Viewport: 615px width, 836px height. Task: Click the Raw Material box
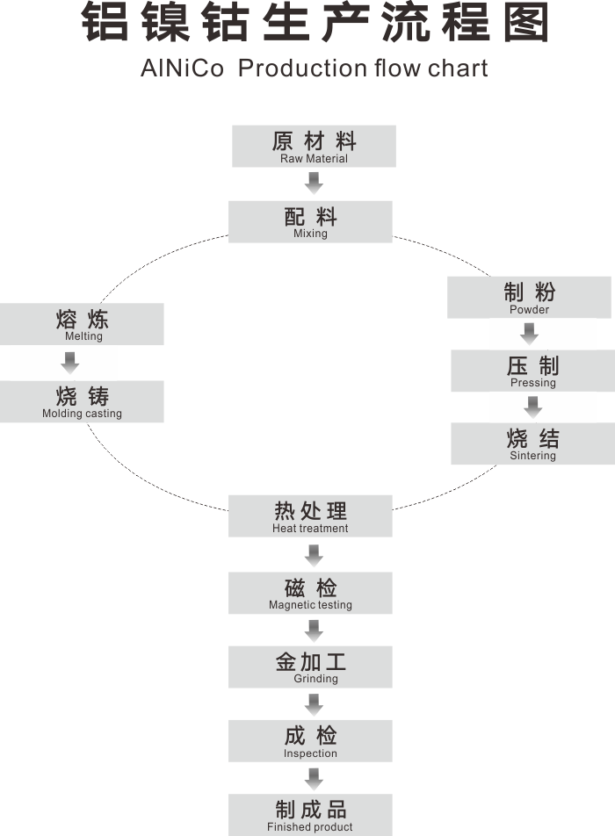click(314, 146)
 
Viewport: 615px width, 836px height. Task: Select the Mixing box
click(310, 221)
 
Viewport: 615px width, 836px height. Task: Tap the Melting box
click(82, 324)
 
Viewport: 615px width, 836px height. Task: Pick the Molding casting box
click(82, 401)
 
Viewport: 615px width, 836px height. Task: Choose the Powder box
click(529, 298)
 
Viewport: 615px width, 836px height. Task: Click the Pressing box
click(532, 371)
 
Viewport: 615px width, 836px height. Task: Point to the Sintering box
click(532, 443)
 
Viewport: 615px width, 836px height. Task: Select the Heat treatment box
click(310, 516)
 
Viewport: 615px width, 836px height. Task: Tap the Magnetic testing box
click(310, 593)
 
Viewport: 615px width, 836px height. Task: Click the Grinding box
click(310, 667)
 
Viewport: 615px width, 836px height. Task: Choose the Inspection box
click(310, 741)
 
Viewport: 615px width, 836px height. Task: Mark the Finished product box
click(310, 815)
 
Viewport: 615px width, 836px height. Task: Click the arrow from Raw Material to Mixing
click(314, 183)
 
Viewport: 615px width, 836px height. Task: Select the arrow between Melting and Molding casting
click(70, 362)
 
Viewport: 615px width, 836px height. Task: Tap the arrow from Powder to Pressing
click(529, 334)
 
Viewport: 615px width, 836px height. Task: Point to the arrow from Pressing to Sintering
click(532, 407)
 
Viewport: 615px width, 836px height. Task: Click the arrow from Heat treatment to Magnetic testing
click(314, 554)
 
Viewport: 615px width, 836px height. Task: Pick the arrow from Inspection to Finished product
click(314, 778)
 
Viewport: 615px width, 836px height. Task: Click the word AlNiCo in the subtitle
click(182, 68)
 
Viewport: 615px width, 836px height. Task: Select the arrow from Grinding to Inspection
click(314, 703)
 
